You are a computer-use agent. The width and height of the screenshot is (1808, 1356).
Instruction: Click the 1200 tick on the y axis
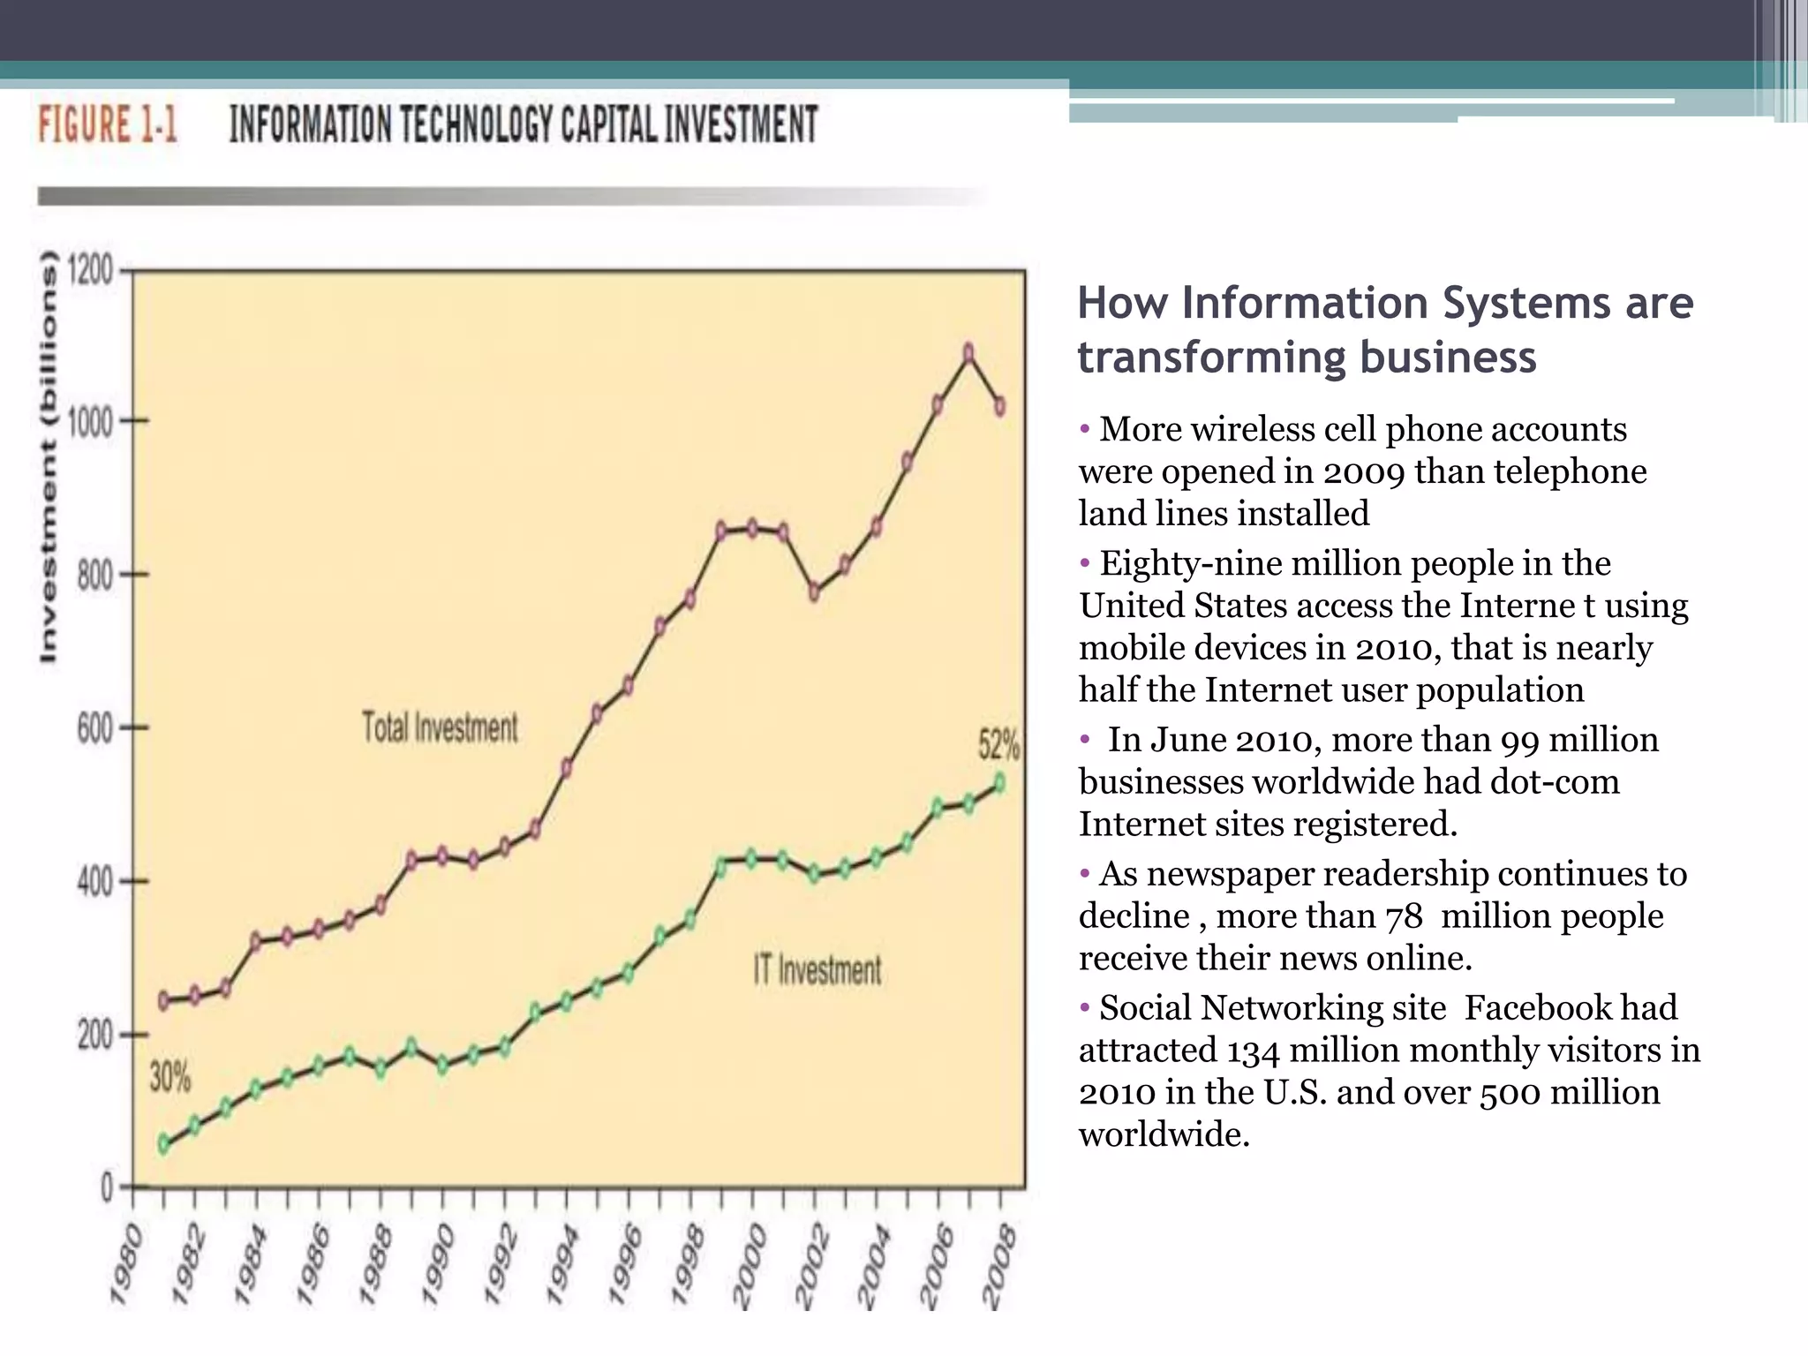coord(92,269)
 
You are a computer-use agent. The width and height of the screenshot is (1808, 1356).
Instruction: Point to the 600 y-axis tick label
coord(94,729)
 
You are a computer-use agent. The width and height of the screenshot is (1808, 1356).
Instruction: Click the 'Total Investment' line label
coord(440,727)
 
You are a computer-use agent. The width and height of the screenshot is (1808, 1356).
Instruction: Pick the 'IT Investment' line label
coord(817,970)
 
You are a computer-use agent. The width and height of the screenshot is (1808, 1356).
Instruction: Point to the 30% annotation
coord(169,1078)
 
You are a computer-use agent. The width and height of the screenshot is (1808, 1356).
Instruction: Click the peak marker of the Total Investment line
coord(968,354)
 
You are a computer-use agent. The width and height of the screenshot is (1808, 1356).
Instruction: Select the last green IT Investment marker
coord(999,783)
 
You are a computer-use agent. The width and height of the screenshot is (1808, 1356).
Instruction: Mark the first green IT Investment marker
coord(163,1145)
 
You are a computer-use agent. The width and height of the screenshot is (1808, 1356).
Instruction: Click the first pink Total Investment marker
coord(163,1000)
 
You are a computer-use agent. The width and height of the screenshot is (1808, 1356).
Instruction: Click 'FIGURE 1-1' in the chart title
coord(107,124)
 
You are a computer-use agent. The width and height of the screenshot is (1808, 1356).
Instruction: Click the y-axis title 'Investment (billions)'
coord(49,456)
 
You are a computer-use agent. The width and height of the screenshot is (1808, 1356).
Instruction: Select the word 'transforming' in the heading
coord(1210,358)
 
